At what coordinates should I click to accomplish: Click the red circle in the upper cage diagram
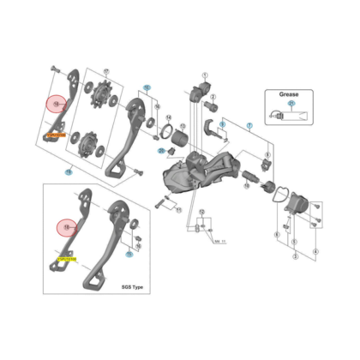pos(57,105)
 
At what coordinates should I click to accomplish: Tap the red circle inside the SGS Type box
pos(67,228)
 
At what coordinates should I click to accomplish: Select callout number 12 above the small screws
pos(201,210)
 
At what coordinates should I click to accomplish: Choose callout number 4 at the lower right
pos(316,250)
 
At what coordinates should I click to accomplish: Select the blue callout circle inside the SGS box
pos(129,254)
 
